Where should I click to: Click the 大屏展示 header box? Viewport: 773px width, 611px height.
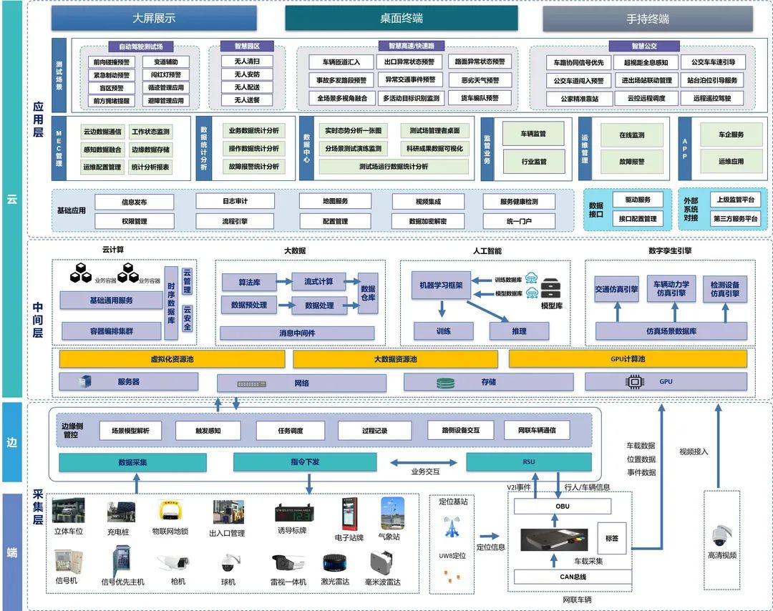point(154,19)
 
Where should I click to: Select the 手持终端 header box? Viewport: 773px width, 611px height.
point(648,19)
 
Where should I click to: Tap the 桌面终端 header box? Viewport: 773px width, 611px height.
point(401,19)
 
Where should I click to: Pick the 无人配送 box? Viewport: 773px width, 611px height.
point(247,87)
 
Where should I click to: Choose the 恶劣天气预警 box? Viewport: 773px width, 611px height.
point(480,80)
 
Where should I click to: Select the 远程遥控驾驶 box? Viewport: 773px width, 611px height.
point(712,99)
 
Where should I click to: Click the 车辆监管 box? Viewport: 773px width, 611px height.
point(533,134)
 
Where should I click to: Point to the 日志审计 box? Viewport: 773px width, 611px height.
point(235,202)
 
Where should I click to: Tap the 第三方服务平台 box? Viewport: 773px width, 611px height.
point(735,219)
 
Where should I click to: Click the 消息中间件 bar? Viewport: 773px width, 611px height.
point(296,333)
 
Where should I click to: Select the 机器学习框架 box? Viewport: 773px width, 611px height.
point(441,285)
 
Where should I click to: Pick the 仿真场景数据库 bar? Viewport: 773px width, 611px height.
point(671,331)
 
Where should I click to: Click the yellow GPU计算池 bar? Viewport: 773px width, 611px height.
point(628,358)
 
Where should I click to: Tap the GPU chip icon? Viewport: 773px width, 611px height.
point(634,382)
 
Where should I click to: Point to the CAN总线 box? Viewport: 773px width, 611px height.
point(573,577)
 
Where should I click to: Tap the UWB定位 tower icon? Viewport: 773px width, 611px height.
point(452,528)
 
